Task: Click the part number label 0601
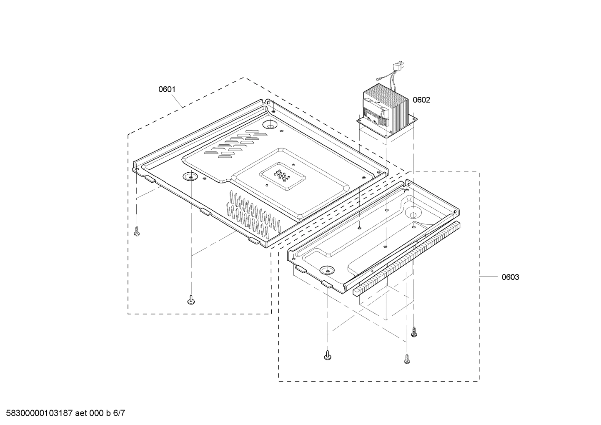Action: (x=167, y=89)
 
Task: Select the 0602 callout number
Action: (x=421, y=100)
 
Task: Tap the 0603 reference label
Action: (x=510, y=277)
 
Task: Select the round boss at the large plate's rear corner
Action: (x=270, y=124)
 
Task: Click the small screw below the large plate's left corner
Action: (x=137, y=232)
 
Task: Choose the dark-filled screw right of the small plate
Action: (x=414, y=332)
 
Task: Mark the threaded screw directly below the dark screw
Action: (x=407, y=359)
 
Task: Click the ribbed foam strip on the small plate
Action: (x=406, y=259)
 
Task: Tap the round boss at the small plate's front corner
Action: (x=327, y=270)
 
